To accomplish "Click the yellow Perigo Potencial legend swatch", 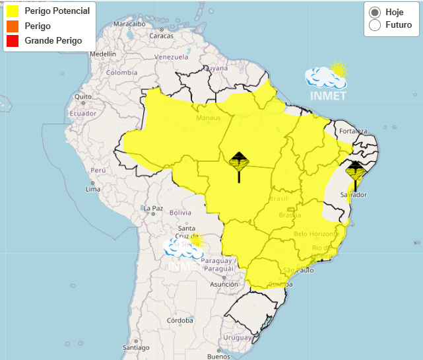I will point(12,11).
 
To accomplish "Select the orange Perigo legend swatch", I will point(12,26).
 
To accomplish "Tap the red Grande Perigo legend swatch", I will point(12,41).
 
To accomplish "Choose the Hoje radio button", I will point(375,12).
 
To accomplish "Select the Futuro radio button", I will point(375,25).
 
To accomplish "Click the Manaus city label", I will point(208,118).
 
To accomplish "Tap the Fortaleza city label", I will point(353,130).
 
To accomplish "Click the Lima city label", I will point(93,190).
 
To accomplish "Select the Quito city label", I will point(82,96).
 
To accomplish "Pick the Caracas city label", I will point(161,36).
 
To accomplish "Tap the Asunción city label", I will point(224,285).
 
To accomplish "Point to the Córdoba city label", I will point(179,321).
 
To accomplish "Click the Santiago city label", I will point(136,347).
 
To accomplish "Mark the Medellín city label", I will point(102,54).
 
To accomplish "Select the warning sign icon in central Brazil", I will point(239,162).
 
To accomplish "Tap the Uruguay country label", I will point(238,338).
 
